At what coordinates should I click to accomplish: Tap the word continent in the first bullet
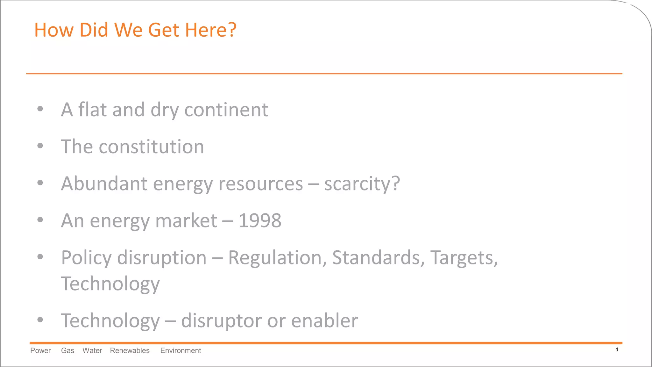pyautogui.click(x=226, y=110)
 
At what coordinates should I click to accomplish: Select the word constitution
pyautogui.click(x=151, y=147)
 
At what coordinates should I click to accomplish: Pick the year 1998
pyautogui.click(x=260, y=220)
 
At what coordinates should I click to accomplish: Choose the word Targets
pyautogui.click(x=463, y=258)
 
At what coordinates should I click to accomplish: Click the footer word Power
pyautogui.click(x=40, y=350)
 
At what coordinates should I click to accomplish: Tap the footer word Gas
pyautogui.click(x=67, y=350)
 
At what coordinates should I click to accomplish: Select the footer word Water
pyautogui.click(x=92, y=350)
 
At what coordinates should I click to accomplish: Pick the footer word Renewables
pyautogui.click(x=130, y=350)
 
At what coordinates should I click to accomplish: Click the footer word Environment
pyautogui.click(x=181, y=350)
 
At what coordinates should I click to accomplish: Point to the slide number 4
pyautogui.click(x=617, y=349)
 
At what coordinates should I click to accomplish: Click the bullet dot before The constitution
pyautogui.click(x=40, y=146)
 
